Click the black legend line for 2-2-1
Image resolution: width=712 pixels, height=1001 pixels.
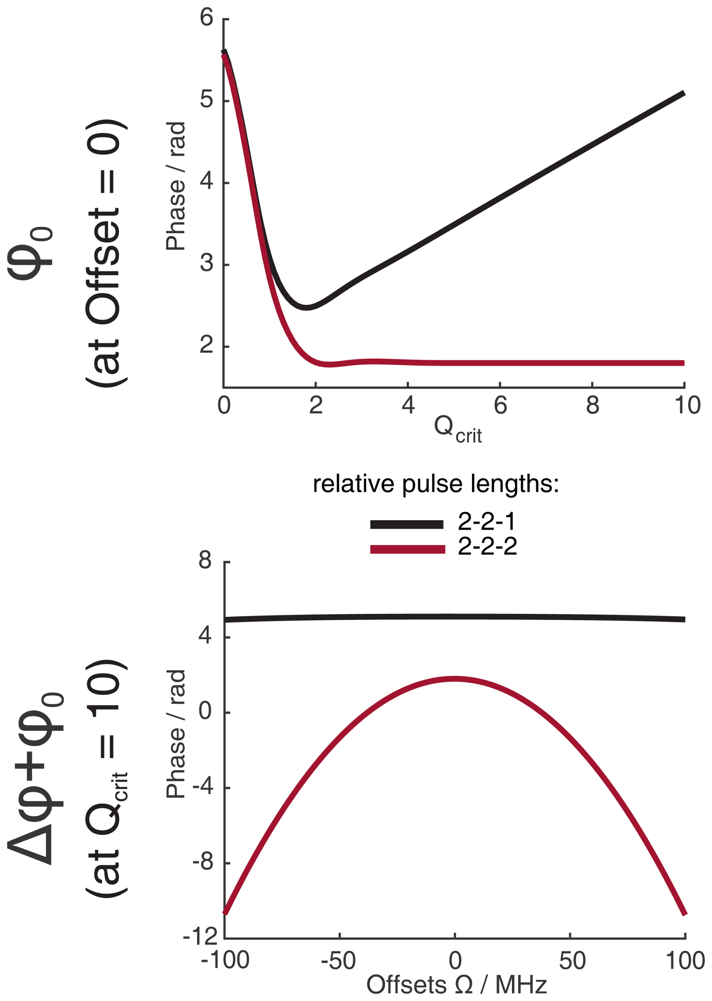point(406,524)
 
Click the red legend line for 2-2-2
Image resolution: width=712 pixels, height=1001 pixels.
point(407,549)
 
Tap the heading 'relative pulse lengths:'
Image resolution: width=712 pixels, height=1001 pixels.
point(436,484)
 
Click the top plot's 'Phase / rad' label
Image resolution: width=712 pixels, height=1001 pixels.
point(176,186)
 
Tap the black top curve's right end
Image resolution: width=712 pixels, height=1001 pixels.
point(683,93)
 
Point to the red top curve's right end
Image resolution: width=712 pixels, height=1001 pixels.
point(683,363)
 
